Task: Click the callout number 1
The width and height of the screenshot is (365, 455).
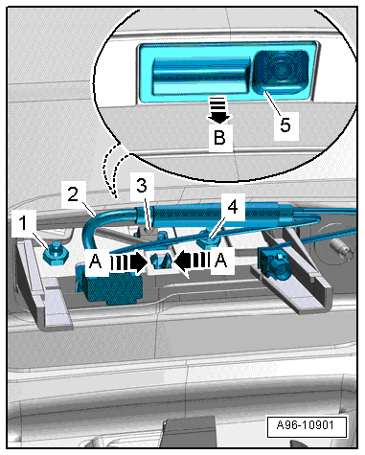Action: click(23, 223)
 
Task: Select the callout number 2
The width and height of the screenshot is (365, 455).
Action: click(73, 193)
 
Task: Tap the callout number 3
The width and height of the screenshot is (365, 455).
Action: click(142, 185)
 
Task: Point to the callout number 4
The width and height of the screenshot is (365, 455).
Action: click(233, 207)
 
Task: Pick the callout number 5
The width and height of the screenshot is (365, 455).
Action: click(285, 125)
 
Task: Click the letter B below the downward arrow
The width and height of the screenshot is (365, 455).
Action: click(219, 138)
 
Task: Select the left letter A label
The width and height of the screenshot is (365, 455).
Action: click(96, 262)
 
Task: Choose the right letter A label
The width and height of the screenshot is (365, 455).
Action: click(221, 261)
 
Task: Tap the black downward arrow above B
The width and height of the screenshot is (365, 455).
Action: click(218, 110)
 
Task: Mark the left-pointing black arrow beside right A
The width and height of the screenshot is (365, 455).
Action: click(192, 261)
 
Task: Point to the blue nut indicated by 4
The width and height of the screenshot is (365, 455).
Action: click(208, 242)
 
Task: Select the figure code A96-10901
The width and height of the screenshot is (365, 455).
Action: click(306, 425)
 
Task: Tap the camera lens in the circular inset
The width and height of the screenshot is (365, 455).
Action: click(282, 67)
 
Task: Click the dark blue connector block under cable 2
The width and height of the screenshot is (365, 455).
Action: click(108, 285)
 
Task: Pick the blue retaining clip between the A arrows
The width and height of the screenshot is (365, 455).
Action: click(161, 261)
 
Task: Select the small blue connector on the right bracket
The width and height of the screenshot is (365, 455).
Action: click(275, 266)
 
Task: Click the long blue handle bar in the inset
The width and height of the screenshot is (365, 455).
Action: click(201, 76)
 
